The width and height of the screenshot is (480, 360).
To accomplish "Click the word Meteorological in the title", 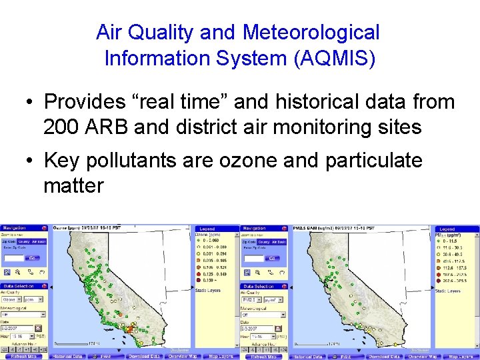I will (311, 32).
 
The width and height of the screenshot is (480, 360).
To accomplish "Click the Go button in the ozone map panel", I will (31, 258).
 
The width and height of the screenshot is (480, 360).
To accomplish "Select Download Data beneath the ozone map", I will (143, 357).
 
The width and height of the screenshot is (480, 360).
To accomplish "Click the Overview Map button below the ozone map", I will (182, 357).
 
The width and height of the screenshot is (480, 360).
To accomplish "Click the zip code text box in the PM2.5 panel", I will (252, 258).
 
